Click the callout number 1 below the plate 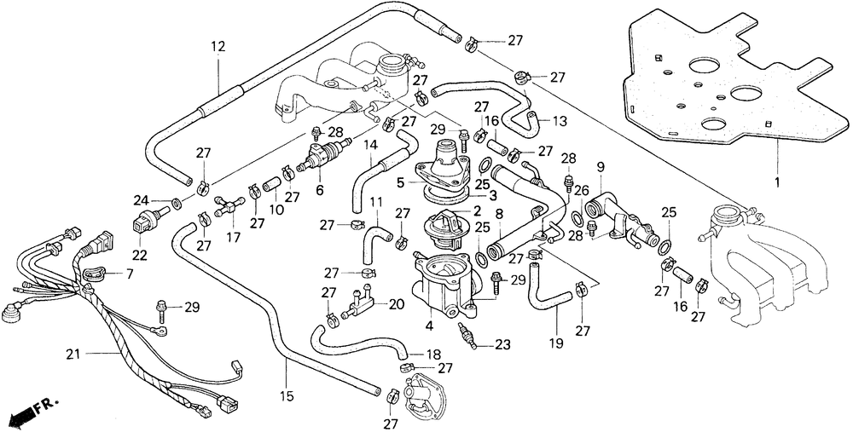(777, 181)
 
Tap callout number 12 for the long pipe (218, 46)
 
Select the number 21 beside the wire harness (73, 354)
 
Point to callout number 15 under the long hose (287, 397)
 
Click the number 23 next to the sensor (503, 343)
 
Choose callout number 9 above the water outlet (601, 167)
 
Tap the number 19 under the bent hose (555, 343)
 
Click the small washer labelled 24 (177, 204)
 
